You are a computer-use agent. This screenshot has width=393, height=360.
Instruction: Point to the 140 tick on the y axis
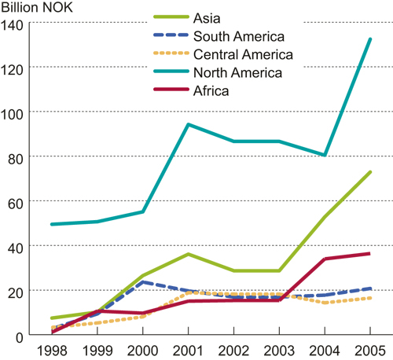13,24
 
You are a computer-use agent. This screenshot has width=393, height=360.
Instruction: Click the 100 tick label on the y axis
13,112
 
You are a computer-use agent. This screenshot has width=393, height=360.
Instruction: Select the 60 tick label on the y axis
17,202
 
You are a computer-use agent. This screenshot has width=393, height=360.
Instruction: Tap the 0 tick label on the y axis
20,336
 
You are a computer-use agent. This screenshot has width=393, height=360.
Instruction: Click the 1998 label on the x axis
51,350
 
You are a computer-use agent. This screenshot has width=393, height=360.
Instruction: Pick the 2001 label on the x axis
188,350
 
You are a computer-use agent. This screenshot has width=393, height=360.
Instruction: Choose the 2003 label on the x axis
279,350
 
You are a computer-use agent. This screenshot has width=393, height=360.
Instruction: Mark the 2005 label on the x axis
370,350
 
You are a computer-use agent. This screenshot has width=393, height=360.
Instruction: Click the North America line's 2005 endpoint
370,39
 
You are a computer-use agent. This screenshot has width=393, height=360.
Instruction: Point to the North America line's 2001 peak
188,124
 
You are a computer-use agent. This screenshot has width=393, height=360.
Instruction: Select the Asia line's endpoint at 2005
370,171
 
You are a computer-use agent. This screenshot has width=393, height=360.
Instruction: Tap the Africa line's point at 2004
325,259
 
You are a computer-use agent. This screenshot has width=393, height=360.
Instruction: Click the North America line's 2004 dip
325,156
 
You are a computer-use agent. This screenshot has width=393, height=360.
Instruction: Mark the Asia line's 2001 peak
188,254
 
